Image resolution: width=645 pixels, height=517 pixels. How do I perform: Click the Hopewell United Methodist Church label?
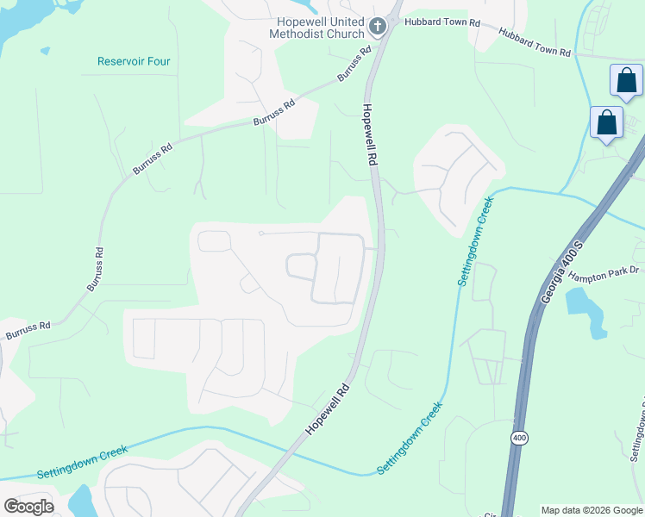point(320,28)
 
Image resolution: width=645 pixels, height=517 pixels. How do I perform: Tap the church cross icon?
point(377,28)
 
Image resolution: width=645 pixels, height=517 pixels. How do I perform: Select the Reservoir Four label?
point(134,61)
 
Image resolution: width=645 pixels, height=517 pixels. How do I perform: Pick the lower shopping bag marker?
point(606,122)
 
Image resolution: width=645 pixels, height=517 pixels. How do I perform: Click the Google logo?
point(28,507)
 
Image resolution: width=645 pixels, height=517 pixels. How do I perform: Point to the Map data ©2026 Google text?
point(592,510)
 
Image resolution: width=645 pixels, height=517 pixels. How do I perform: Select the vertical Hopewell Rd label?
point(370,134)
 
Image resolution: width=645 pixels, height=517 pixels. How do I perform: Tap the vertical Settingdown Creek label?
point(473,242)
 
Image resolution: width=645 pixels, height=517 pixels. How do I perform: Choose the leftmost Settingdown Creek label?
point(82,462)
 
